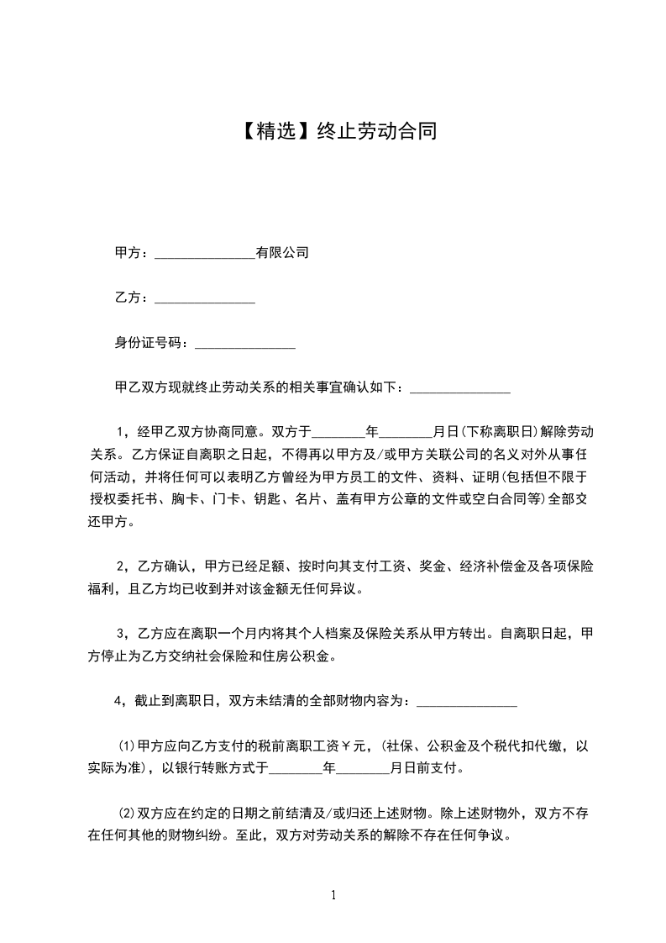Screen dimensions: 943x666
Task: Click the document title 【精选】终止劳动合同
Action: pyautogui.click(x=333, y=131)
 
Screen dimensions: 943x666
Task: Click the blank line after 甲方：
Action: pyautogui.click(x=205, y=253)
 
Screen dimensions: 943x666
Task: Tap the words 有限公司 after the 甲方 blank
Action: pyautogui.click(x=282, y=252)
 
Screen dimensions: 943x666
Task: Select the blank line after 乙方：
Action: pyautogui.click(x=205, y=298)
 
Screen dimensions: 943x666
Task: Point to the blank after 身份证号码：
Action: pyautogui.click(x=244, y=345)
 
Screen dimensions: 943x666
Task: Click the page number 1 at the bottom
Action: pyautogui.click(x=333, y=895)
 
